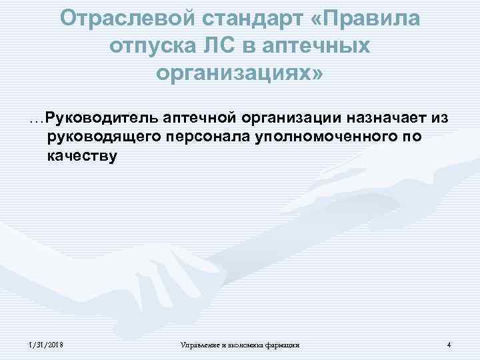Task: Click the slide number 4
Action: tap(449, 344)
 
